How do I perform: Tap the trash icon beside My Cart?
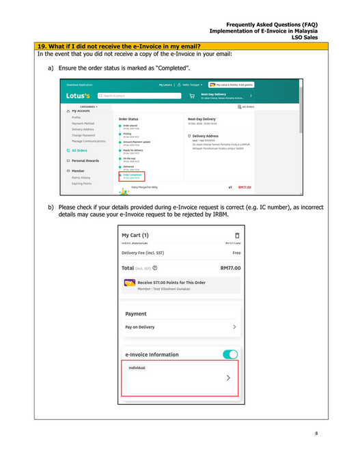point(236,235)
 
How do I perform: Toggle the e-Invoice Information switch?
point(230,354)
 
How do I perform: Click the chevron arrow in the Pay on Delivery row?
point(234,327)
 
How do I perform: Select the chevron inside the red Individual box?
point(228,378)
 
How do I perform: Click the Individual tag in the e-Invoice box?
point(137,367)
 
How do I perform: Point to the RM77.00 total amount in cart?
point(230,268)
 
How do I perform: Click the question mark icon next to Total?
point(156,268)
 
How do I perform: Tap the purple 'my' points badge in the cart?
point(129,282)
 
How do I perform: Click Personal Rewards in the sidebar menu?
point(83,160)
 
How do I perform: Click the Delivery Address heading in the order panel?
point(210,136)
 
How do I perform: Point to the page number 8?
point(316,433)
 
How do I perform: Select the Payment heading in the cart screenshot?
point(136,313)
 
